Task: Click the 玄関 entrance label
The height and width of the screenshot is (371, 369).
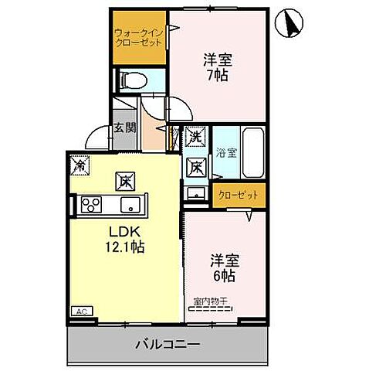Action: click(x=124, y=129)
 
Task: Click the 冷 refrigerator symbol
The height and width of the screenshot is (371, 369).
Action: click(x=79, y=164)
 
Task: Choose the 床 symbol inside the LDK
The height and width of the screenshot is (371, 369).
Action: click(x=124, y=182)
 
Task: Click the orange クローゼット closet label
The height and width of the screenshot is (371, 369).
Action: click(x=235, y=196)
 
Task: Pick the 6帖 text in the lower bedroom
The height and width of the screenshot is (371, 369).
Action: click(x=224, y=276)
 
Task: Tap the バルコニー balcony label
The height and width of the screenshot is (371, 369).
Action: click(x=170, y=343)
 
